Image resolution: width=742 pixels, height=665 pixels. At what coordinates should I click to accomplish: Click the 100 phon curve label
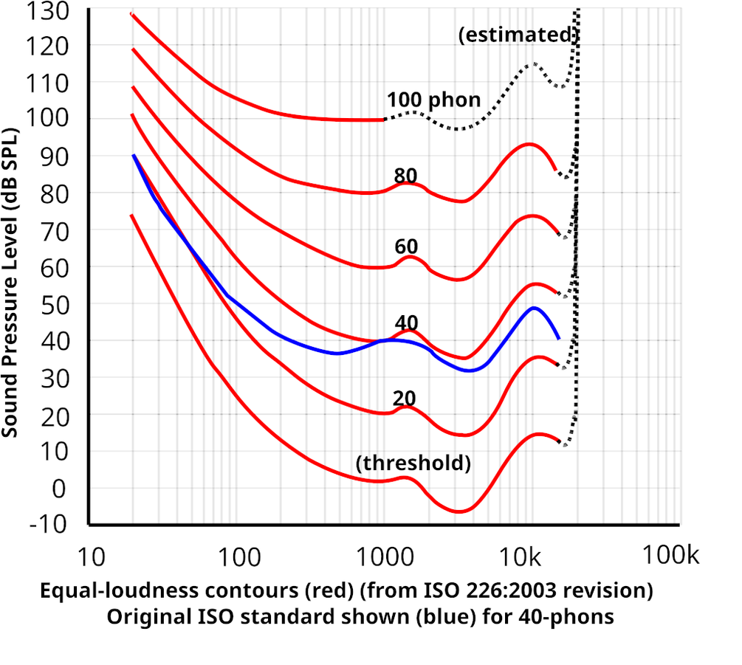pos(433,100)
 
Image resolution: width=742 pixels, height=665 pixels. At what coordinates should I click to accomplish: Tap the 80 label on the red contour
pos(405,176)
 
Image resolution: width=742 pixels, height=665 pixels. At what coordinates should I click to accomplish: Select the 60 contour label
pos(405,247)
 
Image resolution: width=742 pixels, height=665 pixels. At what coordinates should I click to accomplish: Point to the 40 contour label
pos(406,323)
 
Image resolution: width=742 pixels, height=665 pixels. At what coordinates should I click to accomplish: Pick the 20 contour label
pos(404,399)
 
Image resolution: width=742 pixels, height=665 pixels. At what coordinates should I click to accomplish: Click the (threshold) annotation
pos(413,463)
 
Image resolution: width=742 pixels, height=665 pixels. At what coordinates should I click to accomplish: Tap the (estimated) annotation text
pos(517,35)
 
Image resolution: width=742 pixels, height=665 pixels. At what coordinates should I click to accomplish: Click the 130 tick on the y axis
pos(48,10)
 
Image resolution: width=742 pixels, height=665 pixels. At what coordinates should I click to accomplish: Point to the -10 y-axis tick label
pos(48,525)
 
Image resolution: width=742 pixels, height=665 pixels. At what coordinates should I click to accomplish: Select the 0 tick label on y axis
pos(59,488)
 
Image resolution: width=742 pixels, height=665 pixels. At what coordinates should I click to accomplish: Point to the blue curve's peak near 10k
pos(533,307)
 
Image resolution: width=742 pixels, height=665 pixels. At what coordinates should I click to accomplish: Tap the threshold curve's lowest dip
pos(458,511)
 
